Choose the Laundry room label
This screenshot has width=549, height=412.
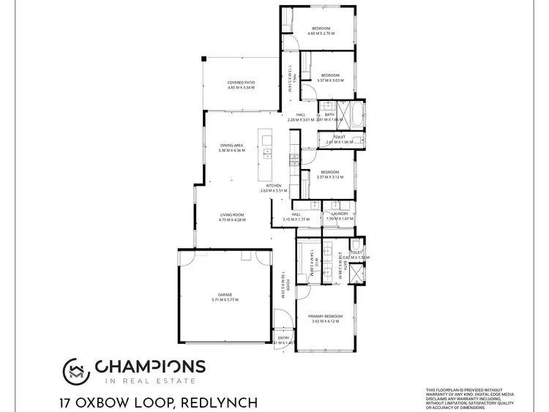340,214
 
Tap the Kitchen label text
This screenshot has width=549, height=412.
274,186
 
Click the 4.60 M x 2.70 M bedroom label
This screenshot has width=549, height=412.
321,33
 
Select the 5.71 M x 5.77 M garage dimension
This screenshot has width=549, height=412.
225,299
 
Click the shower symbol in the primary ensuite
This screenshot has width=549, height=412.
356,274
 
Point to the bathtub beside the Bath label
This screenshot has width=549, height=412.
354,115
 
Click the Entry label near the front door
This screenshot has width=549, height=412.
283,338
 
